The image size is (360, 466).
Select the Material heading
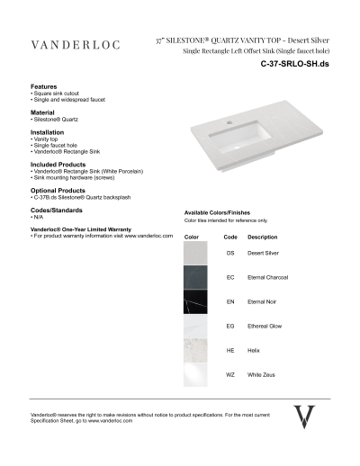click(44, 112)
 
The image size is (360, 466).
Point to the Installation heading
click(48, 132)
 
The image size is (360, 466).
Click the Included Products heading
click(58, 165)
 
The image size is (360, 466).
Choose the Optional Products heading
click(58, 191)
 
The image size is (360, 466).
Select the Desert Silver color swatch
click(196, 254)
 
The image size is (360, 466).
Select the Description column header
click(262, 237)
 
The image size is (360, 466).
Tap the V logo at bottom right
click(305, 417)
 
